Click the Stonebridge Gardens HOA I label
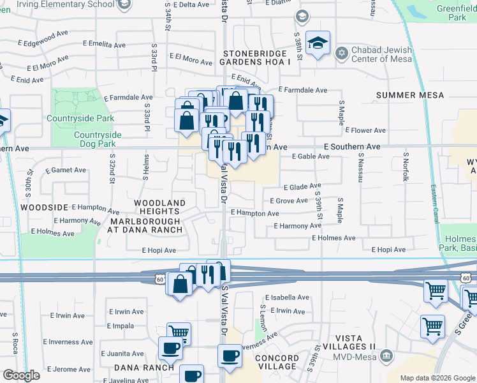[255, 57]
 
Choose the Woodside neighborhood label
[44, 207]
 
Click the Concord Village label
[277, 362]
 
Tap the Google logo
[22, 375]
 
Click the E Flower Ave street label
[365, 130]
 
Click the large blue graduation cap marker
[318, 43]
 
